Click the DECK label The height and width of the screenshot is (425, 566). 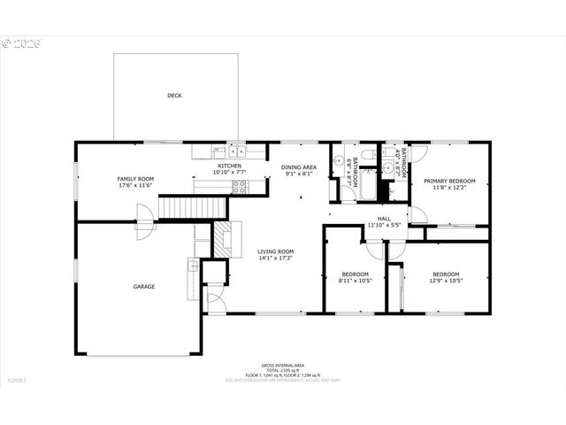click(174, 96)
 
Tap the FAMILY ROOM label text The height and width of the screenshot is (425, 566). click(135, 179)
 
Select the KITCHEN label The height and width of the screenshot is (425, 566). click(231, 166)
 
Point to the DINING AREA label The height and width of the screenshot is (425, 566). click(299, 167)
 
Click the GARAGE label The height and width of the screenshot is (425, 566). click(144, 286)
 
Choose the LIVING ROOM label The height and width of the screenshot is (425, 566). click(275, 251)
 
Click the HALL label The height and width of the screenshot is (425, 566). click(384, 219)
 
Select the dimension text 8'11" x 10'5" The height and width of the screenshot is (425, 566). click(356, 281)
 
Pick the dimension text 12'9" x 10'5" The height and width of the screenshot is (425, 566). click(445, 281)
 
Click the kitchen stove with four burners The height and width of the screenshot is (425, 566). click(237, 185)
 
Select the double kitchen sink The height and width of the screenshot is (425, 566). click(237, 151)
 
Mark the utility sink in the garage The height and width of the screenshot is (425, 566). click(192, 264)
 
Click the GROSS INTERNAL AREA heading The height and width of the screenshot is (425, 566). click(282, 365)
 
